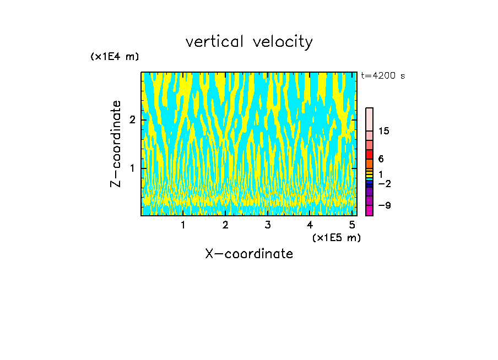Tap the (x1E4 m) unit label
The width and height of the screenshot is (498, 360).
click(x=115, y=57)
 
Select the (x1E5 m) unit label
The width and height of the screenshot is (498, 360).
click(x=336, y=237)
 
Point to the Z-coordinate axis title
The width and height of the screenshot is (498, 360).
click(x=116, y=144)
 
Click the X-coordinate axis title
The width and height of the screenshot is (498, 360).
click(x=249, y=254)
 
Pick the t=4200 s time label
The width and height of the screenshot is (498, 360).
click(x=383, y=76)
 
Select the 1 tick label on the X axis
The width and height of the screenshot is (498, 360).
click(x=183, y=225)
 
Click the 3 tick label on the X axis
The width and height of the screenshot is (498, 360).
click(x=268, y=225)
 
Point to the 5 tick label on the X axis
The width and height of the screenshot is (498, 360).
click(x=352, y=225)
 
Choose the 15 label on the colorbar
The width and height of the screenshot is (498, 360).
click(x=384, y=131)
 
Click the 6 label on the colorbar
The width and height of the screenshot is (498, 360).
click(x=381, y=159)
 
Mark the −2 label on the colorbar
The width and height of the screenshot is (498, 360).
click(x=384, y=184)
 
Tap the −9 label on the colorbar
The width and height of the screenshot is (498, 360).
click(x=384, y=205)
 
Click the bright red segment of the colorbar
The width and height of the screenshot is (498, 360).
click(x=369, y=154)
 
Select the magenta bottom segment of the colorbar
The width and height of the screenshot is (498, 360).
click(x=369, y=210)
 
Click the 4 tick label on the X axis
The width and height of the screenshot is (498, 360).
click(x=310, y=225)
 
